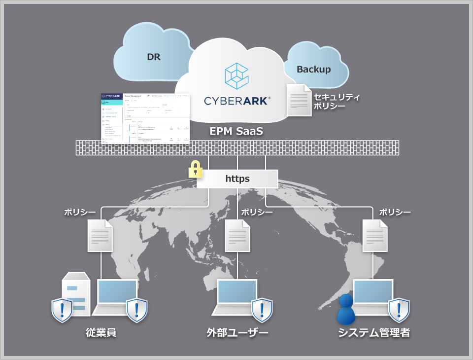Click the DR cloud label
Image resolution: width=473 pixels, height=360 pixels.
pyautogui.click(x=154, y=57)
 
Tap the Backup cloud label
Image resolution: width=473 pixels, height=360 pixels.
pyautogui.click(x=313, y=69)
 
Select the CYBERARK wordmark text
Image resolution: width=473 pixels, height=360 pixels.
pyautogui.click(x=237, y=101)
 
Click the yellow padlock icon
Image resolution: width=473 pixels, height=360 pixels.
pyautogui.click(x=196, y=169)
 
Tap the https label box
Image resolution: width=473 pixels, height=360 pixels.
pyautogui.click(x=237, y=179)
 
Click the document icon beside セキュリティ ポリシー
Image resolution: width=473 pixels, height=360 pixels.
pyautogui.click(x=299, y=100)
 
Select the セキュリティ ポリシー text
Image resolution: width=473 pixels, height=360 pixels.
pyautogui.click(x=337, y=101)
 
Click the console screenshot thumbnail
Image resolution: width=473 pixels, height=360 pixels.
pyautogui.click(x=145, y=117)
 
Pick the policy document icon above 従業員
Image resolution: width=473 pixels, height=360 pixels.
pyautogui.click(x=100, y=235)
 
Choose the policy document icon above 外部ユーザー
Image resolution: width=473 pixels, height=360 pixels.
pyautogui.click(x=237, y=235)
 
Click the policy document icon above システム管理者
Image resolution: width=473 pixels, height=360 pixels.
pyautogui.click(x=374, y=235)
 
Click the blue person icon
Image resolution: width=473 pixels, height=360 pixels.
pyautogui.click(x=346, y=309)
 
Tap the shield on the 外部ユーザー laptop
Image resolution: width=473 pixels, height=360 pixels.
pyautogui.click(x=262, y=310)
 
